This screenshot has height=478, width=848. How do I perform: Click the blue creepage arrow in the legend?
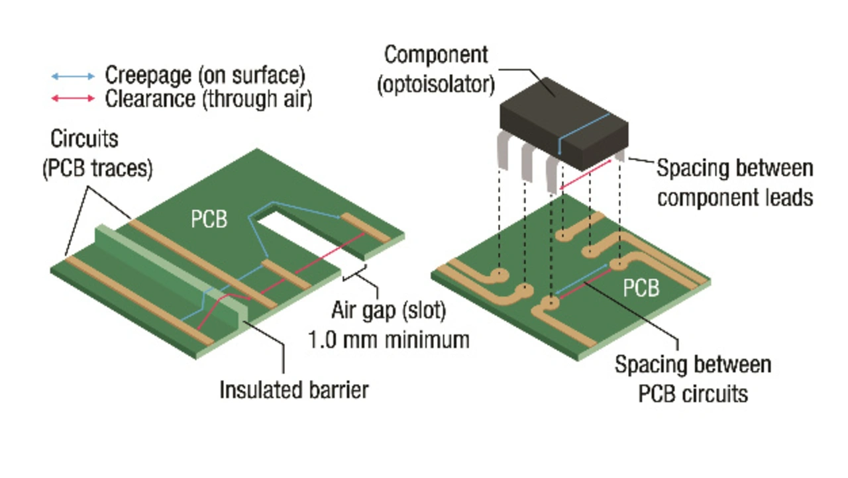pos(73,76)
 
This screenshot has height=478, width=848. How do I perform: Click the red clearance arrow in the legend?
pos(73,99)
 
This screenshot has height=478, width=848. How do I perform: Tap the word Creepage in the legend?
pos(148,75)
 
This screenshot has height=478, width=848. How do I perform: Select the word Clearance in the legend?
pos(150,99)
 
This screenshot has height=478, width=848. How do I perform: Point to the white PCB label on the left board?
pos(209,219)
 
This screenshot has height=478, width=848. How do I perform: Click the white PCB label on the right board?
pos(641,288)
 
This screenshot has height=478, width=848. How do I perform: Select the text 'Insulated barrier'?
pos(294,390)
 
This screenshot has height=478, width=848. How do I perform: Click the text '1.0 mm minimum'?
pos(389,340)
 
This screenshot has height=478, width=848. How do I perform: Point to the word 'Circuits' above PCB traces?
pos(84,139)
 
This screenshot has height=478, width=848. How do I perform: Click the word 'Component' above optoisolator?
pos(436,55)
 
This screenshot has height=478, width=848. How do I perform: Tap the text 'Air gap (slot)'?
pos(389,311)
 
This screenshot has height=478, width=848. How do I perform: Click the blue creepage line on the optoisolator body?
pos(584,133)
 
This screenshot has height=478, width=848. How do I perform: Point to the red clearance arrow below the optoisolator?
pos(585,175)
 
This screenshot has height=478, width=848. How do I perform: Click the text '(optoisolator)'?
pos(436,85)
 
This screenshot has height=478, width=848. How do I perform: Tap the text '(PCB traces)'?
pos(97,169)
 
